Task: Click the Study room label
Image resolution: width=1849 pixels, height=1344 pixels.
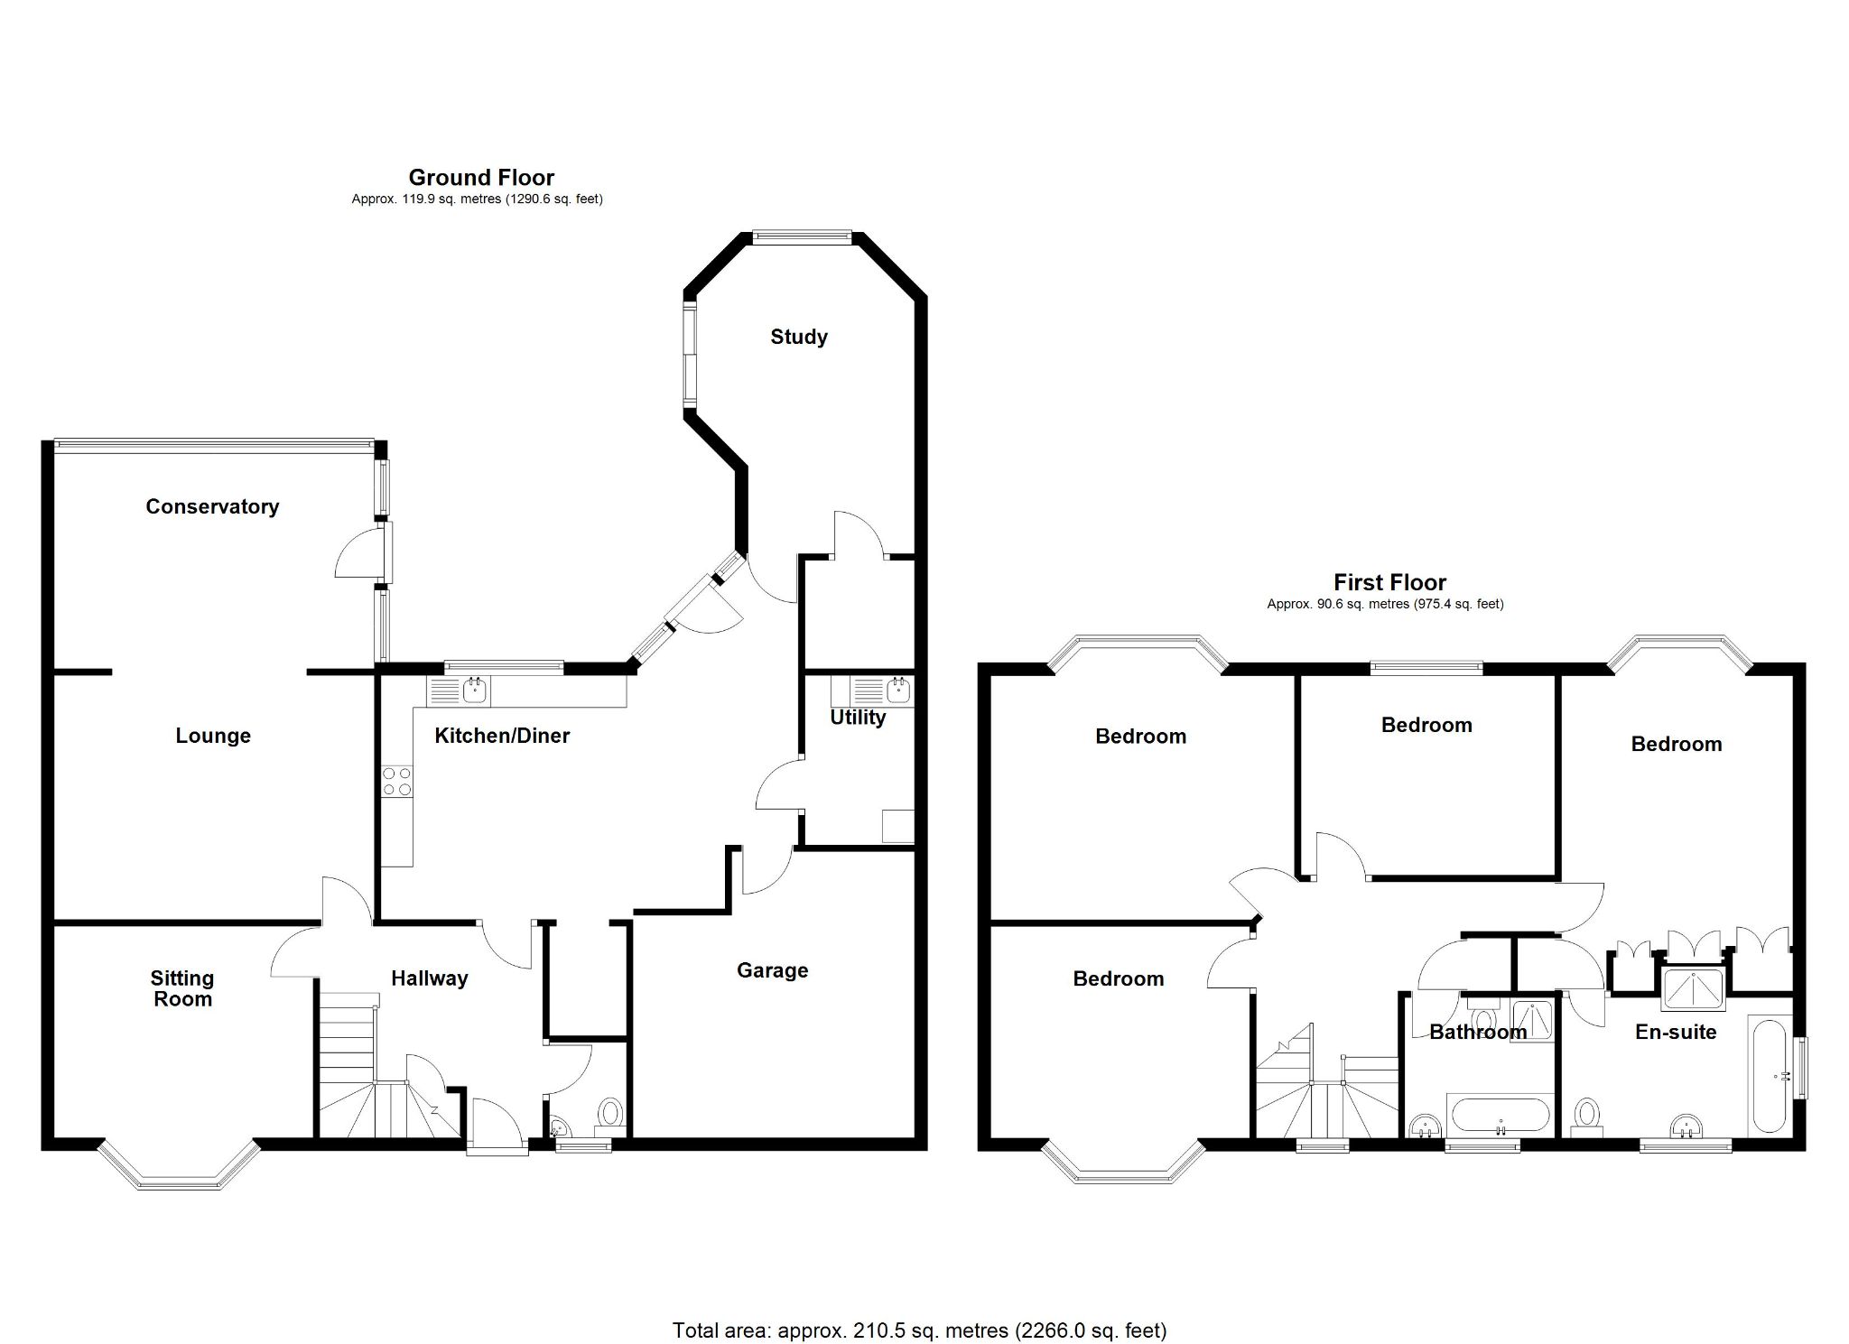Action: (798, 337)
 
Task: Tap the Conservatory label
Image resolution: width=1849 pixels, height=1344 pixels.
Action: (212, 506)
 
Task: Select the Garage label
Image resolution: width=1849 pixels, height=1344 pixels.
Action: (772, 970)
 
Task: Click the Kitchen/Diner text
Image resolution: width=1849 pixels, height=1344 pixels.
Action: (502, 736)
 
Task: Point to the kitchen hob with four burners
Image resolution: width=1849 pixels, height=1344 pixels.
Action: (396, 782)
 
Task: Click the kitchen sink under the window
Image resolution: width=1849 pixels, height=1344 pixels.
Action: (475, 691)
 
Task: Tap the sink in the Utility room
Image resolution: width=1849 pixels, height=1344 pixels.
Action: (897, 691)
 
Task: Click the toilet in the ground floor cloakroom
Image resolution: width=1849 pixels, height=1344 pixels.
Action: (611, 1112)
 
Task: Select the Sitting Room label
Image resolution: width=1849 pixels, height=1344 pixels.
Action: (182, 988)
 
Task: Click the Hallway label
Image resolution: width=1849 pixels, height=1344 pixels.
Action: (430, 978)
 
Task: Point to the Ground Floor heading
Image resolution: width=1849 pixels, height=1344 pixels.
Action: (481, 177)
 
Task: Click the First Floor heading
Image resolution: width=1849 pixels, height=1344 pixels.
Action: (1389, 582)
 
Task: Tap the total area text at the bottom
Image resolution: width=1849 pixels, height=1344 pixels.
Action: (919, 1330)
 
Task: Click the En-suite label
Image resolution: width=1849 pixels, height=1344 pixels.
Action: (1676, 1032)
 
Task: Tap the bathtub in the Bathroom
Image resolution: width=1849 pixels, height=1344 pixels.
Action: (1500, 1116)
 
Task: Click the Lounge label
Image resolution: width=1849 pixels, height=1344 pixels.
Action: (213, 736)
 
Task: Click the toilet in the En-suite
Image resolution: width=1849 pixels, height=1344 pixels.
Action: (1585, 1116)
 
